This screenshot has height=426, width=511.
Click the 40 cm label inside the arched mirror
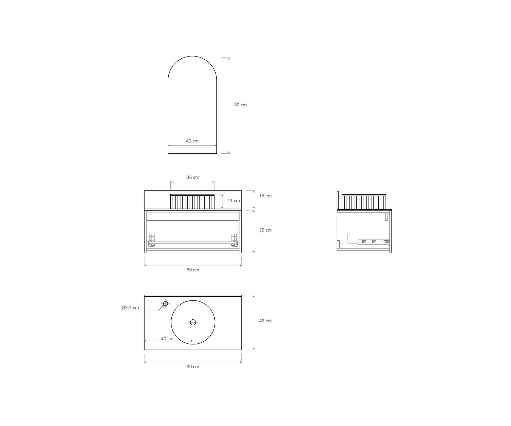tap(192, 141)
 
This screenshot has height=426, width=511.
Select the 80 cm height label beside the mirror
tap(240, 105)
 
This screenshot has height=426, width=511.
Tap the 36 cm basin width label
tap(193, 177)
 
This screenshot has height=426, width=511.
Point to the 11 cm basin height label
tap(234, 201)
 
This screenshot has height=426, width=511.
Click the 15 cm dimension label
tap(265, 196)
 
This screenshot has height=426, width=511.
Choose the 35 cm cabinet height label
tap(265, 230)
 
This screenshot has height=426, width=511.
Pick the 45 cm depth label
tap(265, 321)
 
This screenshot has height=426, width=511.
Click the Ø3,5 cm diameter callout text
tap(130, 308)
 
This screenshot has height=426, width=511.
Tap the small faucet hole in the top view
tap(166, 304)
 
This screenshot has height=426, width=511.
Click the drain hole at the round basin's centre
tap(193, 322)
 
